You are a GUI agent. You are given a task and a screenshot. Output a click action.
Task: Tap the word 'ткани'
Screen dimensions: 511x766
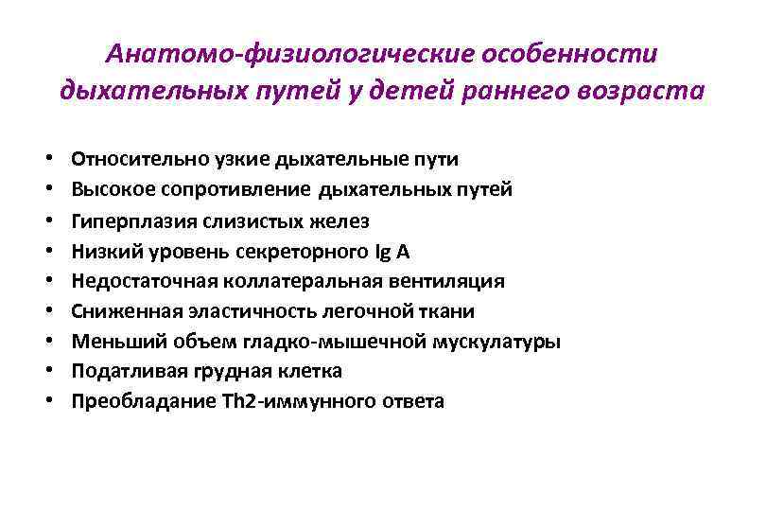click(x=450, y=311)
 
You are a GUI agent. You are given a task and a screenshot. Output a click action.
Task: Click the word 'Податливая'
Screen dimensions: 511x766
click(x=120, y=371)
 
